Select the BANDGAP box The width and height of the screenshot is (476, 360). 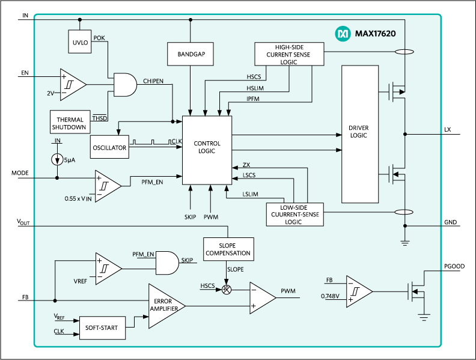coord(191,54)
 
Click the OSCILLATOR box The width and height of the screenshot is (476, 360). coord(110,147)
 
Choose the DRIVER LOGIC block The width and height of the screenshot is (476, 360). coord(359,133)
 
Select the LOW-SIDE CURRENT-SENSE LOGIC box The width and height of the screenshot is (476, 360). coord(294,214)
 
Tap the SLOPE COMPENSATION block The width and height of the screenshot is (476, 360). coord(227,249)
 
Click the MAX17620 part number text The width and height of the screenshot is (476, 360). coord(375,34)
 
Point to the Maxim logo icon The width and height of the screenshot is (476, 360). coord(342,34)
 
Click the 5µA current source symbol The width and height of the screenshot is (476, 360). coord(57,160)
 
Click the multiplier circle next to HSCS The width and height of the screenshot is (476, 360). coord(227,289)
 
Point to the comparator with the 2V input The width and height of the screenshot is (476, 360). coord(71,84)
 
